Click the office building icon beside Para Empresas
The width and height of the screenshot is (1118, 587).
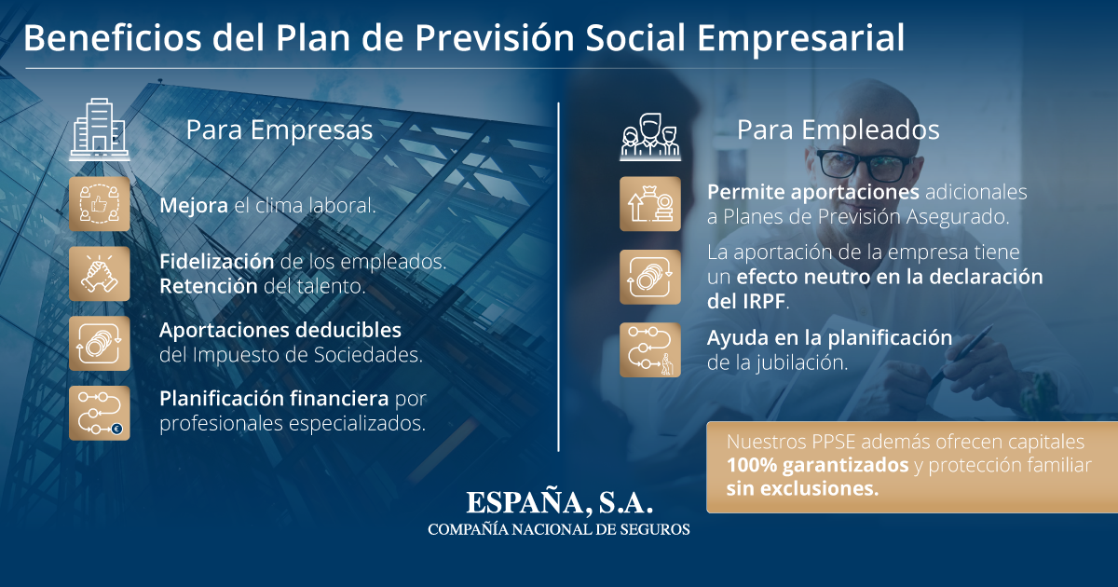click(100, 129)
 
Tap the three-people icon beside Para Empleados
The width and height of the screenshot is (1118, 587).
click(650, 136)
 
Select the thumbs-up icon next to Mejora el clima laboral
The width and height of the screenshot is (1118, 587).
click(100, 204)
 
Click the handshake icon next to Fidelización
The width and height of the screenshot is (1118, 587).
click(100, 274)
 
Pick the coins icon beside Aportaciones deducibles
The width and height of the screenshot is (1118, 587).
click(100, 344)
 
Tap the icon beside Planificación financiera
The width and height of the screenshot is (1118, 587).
click(100, 413)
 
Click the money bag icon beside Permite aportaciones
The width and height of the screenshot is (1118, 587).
click(650, 204)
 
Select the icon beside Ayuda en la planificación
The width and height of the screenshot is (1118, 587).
click(650, 350)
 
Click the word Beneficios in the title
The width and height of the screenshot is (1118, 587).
click(113, 37)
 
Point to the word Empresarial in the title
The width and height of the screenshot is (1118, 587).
click(800, 38)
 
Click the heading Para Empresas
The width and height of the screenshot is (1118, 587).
click(279, 130)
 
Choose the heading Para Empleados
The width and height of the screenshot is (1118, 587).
click(838, 130)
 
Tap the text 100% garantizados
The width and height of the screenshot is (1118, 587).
click(818, 465)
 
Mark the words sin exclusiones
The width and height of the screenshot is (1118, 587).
click(802, 488)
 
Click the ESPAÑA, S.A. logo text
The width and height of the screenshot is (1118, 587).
click(560, 503)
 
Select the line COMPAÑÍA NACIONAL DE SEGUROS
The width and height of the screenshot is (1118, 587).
click(559, 529)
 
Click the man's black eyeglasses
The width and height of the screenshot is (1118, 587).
click(865, 166)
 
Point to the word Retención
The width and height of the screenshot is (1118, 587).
click(209, 286)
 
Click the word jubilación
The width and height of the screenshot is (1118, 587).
click(801, 362)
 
